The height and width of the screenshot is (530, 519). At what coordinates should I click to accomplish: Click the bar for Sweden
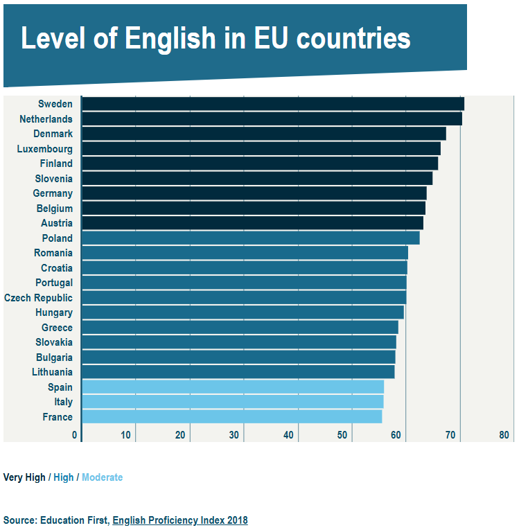[272, 104]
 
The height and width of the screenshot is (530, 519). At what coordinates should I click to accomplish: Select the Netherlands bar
[272, 119]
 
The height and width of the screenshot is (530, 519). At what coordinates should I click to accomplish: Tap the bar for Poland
[250, 238]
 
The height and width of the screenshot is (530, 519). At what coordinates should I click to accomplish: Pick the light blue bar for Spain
[233, 387]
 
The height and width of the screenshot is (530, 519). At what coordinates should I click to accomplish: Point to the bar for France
[231, 416]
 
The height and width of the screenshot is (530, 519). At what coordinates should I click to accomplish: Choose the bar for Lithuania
[238, 372]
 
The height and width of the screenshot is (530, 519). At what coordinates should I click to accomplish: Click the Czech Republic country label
[38, 298]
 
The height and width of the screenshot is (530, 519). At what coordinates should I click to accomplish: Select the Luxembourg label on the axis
[44, 149]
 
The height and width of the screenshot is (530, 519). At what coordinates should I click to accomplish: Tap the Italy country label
[63, 402]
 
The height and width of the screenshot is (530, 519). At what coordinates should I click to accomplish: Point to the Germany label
[53, 193]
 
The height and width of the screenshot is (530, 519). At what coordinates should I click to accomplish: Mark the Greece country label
[57, 328]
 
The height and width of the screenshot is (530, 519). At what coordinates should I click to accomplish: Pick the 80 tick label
[504, 435]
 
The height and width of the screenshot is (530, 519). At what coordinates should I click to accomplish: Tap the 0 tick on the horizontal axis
[75, 435]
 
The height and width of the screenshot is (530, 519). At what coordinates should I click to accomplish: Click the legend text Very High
[24, 477]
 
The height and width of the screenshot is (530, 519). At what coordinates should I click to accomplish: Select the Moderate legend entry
[102, 477]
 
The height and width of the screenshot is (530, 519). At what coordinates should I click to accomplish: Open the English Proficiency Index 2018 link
[180, 520]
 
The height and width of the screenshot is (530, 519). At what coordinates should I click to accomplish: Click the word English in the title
[172, 39]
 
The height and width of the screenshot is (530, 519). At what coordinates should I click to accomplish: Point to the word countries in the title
[353, 39]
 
